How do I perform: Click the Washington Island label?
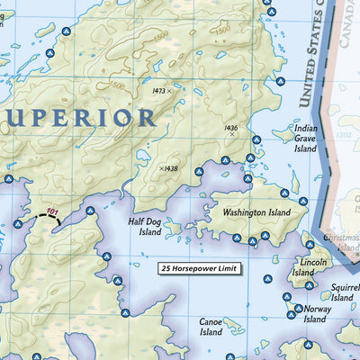pos(257,212)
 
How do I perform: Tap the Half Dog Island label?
pos(144,226)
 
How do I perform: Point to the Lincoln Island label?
pos(302,267)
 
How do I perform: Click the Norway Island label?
pos(317,313)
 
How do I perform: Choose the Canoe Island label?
pos(211,326)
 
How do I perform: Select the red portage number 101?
pos(52,212)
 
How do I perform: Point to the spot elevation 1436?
pos(230,129)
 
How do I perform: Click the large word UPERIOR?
pos(81,118)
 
